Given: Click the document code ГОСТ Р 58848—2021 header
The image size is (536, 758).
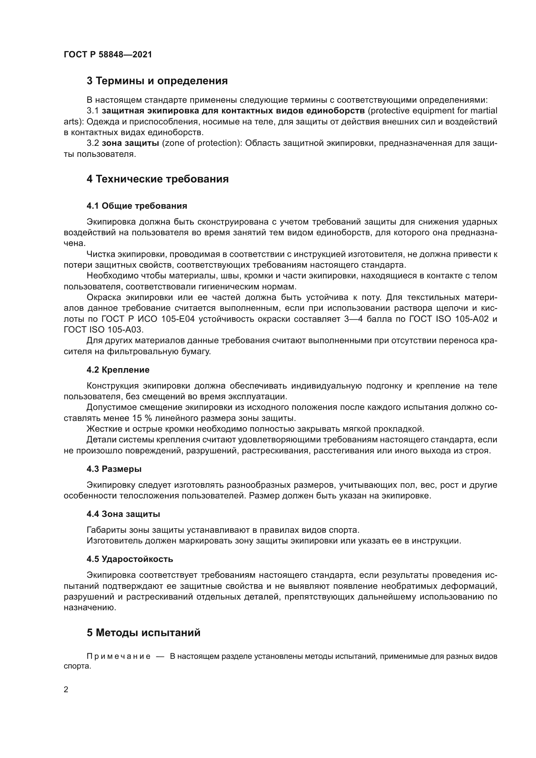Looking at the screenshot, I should (x=108, y=54).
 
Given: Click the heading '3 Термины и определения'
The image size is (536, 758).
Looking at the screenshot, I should (x=157, y=81).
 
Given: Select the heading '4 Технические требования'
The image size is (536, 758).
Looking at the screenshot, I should (x=157, y=179).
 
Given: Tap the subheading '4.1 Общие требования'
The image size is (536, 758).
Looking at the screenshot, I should (x=137, y=206).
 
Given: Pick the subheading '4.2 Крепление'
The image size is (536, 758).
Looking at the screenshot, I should (x=118, y=370).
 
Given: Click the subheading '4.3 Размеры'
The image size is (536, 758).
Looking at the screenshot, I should (x=114, y=469).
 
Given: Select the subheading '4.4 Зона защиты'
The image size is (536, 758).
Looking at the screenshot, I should (x=123, y=514).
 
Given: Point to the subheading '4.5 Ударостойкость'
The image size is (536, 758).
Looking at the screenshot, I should (x=130, y=559).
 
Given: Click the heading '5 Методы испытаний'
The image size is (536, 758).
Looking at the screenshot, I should (x=144, y=633).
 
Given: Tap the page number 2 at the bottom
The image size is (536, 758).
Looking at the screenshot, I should (x=66, y=690).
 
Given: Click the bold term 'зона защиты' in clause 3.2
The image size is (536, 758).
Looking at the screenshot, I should (x=130, y=143).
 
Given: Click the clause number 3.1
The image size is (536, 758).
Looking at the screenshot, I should (x=93, y=111).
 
